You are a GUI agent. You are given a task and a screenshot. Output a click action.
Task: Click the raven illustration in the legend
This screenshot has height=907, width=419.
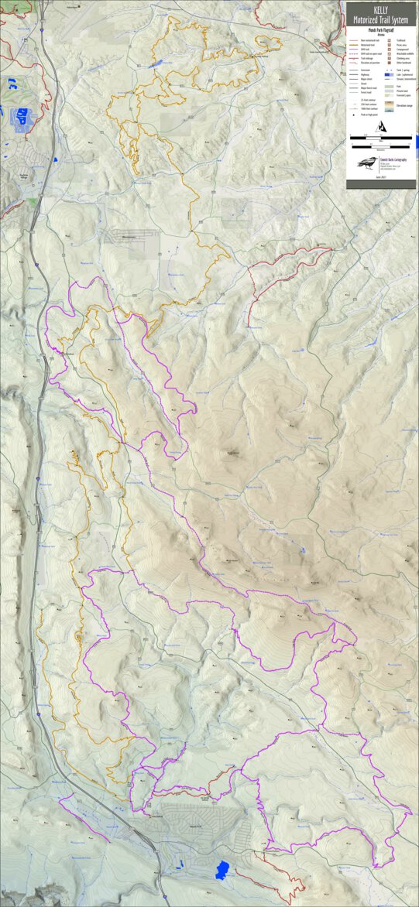pos(366,163)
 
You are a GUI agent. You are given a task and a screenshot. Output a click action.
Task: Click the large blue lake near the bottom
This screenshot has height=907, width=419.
pos(223,868)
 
